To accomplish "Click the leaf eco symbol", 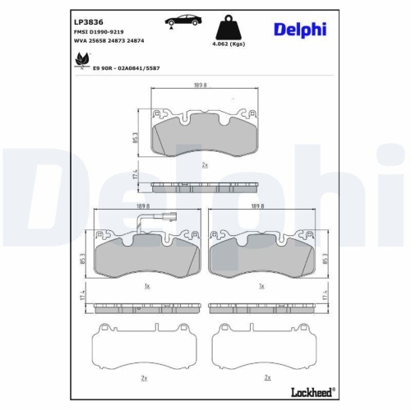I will click(x=81, y=59).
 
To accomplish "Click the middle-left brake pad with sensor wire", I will click(x=145, y=259).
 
